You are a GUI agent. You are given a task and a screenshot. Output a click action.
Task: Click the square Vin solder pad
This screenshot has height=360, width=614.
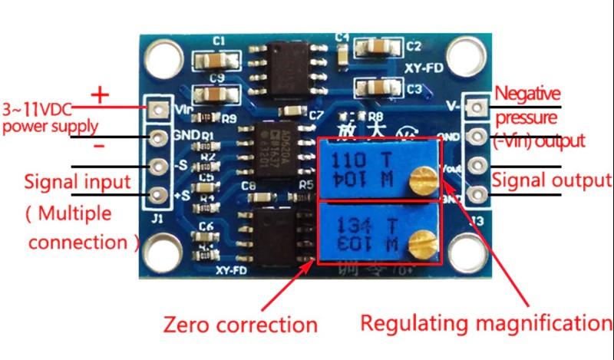pos(159,109)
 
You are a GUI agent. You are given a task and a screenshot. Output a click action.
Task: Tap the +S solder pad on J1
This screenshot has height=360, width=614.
pos(159,195)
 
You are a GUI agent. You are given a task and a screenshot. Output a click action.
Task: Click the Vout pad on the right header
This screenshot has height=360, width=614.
pos(477,166)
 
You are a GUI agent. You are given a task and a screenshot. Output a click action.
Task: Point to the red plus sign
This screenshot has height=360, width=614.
pos(100,94)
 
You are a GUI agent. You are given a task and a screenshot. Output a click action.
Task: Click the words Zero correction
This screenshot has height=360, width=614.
pos(239,323)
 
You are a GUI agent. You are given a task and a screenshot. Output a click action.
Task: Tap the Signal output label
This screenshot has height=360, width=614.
pos(551,181)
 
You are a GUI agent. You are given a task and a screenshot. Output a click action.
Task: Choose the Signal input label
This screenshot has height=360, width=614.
pos(78,183)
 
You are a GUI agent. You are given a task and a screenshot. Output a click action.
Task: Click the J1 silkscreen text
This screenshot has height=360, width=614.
pos(159,226)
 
